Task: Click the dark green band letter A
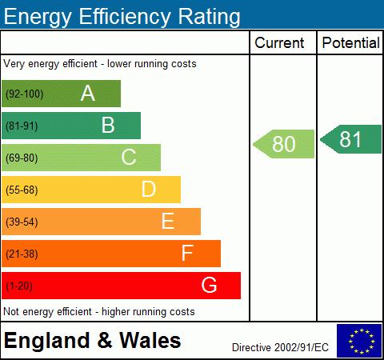(x=88, y=94)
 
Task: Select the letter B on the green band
(x=108, y=126)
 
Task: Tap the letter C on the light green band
(x=128, y=158)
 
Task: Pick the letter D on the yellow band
(x=148, y=190)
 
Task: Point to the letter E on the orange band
(x=167, y=222)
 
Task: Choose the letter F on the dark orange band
(x=187, y=254)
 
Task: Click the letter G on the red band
(x=209, y=285)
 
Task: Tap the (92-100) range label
(x=24, y=94)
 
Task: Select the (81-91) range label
(x=22, y=126)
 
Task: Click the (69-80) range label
(x=22, y=158)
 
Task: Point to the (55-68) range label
(x=22, y=190)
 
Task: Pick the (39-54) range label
(x=22, y=222)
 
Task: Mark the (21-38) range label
(x=22, y=254)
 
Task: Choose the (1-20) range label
(x=20, y=286)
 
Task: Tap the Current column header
(x=279, y=43)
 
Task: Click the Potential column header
(x=350, y=43)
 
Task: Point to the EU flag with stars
(x=358, y=340)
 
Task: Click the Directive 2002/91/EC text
(x=280, y=347)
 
